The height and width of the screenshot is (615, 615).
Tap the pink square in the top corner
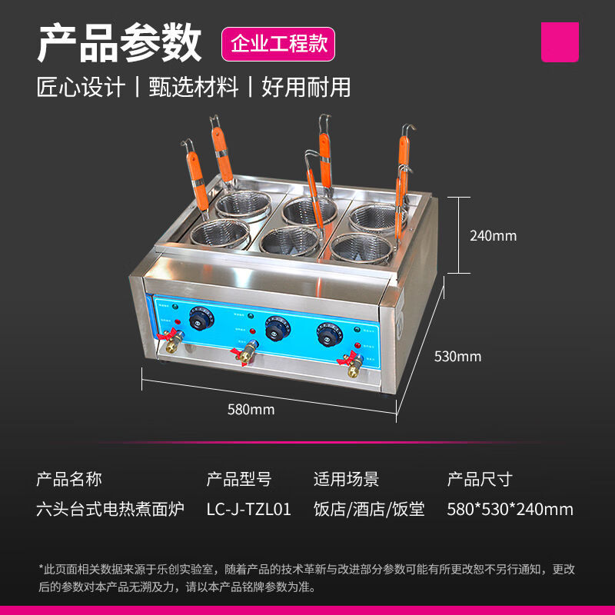click(x=560, y=42)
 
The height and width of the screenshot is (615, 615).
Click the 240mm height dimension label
click(x=493, y=236)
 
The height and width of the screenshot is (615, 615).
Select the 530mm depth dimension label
click(x=457, y=356)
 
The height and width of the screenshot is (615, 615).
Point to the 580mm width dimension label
click(x=251, y=410)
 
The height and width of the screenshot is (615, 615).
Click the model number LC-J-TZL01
click(x=248, y=509)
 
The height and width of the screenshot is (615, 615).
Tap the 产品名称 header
click(x=69, y=480)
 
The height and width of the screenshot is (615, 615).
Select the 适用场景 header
click(x=346, y=480)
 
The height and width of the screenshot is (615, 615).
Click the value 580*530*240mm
click(x=510, y=509)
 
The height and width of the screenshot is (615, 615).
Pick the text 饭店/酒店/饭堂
click(x=369, y=509)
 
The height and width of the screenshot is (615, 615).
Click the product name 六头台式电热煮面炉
click(x=111, y=509)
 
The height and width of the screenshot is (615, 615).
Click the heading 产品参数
click(x=119, y=43)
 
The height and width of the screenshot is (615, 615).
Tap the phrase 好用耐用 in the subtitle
click(x=306, y=87)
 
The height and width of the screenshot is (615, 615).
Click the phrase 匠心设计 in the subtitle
click(x=81, y=87)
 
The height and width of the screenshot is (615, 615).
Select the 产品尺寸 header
click(x=479, y=480)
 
